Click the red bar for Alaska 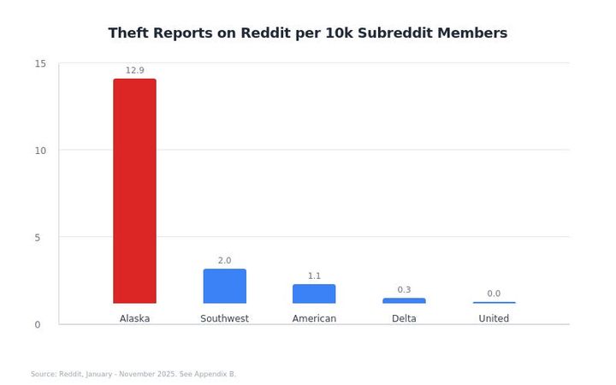(134, 191)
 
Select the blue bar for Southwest (224, 287)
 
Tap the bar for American (314, 294)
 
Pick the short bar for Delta (404, 300)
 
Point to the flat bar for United (494, 303)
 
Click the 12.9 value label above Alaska (134, 70)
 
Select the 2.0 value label (224, 260)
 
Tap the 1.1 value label (314, 275)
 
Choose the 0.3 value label (404, 289)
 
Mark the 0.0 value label (494, 293)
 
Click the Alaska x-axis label (134, 318)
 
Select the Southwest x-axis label (224, 318)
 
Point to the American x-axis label (314, 318)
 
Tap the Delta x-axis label (404, 318)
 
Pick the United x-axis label (494, 318)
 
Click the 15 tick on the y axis (40, 64)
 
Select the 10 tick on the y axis (40, 151)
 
